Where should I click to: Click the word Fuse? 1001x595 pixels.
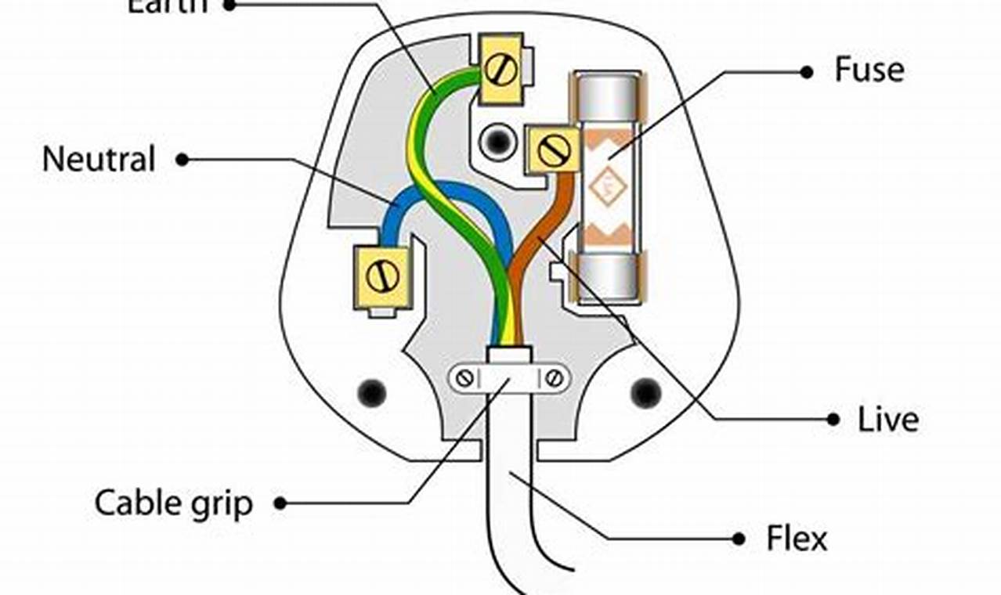[869, 70]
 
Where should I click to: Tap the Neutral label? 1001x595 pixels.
[99, 160]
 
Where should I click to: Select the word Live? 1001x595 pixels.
[888, 420]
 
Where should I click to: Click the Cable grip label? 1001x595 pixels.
[174, 503]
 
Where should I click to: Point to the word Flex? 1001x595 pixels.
[797, 539]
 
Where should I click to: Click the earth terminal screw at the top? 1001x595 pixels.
[500, 69]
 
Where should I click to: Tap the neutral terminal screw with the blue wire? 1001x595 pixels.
[382, 276]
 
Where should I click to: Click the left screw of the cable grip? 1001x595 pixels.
[465, 379]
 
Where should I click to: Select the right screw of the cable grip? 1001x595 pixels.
[555, 379]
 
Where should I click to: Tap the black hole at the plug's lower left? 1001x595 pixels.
[371, 392]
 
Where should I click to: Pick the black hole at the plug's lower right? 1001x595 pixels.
[646, 392]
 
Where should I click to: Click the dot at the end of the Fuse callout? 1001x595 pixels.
[807, 71]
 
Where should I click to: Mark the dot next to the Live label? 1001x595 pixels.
[833, 420]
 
